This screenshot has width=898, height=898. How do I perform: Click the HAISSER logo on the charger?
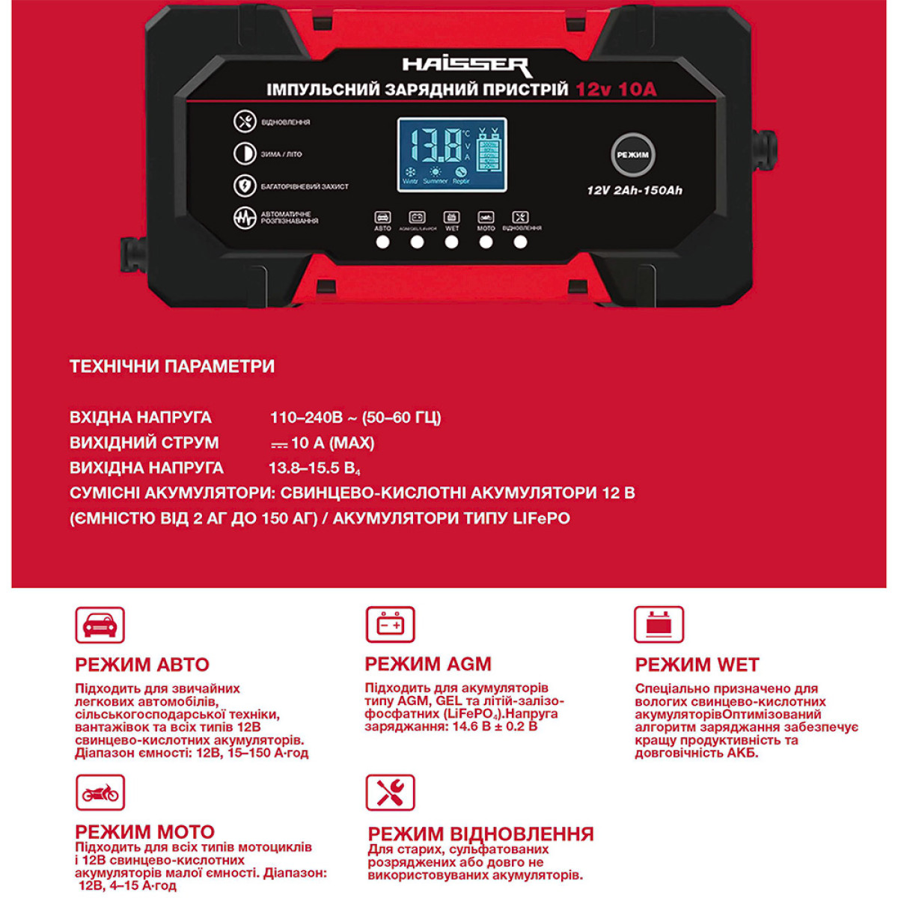466,66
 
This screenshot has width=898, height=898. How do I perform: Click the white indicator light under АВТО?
382,242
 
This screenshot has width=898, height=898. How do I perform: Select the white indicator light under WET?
451,242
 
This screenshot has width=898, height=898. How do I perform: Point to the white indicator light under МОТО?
486,242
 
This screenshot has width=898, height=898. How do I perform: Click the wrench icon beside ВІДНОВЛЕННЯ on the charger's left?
244,121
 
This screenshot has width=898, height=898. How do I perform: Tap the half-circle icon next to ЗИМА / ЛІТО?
244,153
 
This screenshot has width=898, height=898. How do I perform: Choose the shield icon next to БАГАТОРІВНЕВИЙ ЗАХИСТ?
244,186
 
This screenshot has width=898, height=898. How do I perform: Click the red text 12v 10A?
615,90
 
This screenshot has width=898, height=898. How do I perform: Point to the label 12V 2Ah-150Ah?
635,190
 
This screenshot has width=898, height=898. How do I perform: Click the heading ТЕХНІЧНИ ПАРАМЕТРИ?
172,366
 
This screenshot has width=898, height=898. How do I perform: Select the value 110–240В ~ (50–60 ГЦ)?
355,418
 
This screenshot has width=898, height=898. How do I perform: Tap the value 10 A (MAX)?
332,443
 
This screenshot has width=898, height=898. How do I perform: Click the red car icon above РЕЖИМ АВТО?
100,625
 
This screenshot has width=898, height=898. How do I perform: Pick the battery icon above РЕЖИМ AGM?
390,624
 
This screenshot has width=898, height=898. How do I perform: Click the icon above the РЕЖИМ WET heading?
659,624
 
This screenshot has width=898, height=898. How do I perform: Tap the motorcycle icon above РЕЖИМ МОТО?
100,793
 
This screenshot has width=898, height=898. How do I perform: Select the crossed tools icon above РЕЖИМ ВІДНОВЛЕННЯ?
390,793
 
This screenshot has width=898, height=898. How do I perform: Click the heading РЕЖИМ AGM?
428,664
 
